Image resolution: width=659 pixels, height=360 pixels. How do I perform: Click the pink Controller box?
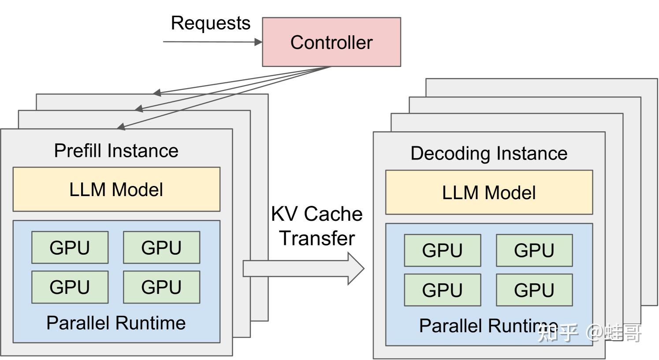pos(331,42)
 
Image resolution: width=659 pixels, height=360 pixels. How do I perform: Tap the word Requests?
pos(211,23)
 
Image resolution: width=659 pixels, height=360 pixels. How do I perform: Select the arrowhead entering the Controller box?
pos(258,42)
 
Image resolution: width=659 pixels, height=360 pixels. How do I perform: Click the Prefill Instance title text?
pos(116,151)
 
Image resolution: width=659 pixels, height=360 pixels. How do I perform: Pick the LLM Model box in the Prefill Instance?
pos(116,189)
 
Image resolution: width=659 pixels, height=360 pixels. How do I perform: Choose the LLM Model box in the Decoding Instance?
pos(489,193)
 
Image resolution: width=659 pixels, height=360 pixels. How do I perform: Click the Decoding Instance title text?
pos(489,153)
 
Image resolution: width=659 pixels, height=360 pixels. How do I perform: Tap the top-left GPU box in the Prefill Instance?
pos(70,247)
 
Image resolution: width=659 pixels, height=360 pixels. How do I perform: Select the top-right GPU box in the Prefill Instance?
pos(161,247)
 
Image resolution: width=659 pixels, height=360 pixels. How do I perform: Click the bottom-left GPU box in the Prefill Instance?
pos(70,287)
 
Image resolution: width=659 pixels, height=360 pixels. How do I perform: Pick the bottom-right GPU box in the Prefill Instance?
pos(161,287)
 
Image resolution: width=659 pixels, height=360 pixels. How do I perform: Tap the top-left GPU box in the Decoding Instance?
pos(443,250)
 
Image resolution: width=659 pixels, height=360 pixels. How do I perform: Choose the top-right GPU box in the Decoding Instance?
pos(534,250)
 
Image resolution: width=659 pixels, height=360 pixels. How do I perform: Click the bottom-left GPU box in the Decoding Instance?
pos(443,290)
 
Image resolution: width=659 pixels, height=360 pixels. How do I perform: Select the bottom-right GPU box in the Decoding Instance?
pos(534,290)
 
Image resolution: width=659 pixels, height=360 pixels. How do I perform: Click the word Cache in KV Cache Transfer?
pos(333,214)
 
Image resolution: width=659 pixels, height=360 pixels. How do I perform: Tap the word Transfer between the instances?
pos(317,238)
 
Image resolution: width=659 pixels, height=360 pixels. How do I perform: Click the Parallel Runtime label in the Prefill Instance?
pos(116,323)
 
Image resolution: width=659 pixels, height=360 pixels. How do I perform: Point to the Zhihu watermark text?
pos(589,333)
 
